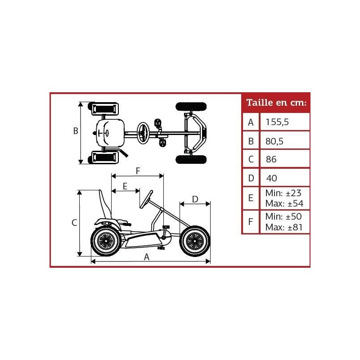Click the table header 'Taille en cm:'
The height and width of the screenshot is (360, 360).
coord(276,103)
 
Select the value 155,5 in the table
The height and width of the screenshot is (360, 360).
coord(278,122)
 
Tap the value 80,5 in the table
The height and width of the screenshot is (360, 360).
coord(274,141)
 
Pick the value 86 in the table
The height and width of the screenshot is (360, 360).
coord(271,159)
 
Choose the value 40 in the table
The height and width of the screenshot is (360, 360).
coord(271,178)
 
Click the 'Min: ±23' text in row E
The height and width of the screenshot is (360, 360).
coord(283,193)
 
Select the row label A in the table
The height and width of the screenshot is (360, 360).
coord(251,122)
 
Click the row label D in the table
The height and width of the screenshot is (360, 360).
coord(251,178)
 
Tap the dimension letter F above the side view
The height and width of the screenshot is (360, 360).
coord(138,171)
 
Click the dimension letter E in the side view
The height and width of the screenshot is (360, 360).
coord(125,186)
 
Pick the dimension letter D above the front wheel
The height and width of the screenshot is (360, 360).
coord(195,198)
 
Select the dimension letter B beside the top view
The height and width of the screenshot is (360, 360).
coord(76,131)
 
